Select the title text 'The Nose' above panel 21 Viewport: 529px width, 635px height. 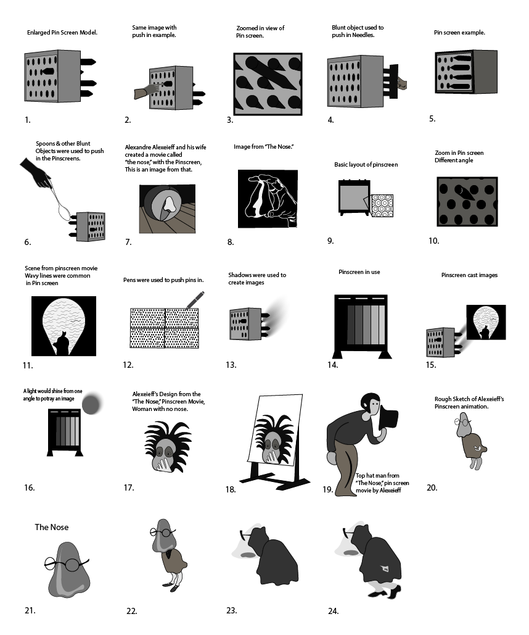pyautogui.click(x=52, y=528)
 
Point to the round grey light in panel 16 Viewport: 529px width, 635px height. pyautogui.click(x=91, y=404)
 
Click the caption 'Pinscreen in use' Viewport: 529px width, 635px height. pyautogui.click(x=359, y=272)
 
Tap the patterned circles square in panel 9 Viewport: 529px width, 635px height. pyautogui.click(x=382, y=205)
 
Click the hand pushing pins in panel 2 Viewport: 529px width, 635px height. pyautogui.click(x=147, y=91)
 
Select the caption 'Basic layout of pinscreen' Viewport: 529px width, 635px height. pyautogui.click(x=366, y=165)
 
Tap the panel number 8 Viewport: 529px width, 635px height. pyautogui.click(x=231, y=243)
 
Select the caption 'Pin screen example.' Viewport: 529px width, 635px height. pyautogui.click(x=459, y=33)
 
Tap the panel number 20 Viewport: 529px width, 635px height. pyautogui.click(x=432, y=488)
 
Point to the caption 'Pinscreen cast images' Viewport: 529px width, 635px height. pyautogui.click(x=469, y=275)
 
